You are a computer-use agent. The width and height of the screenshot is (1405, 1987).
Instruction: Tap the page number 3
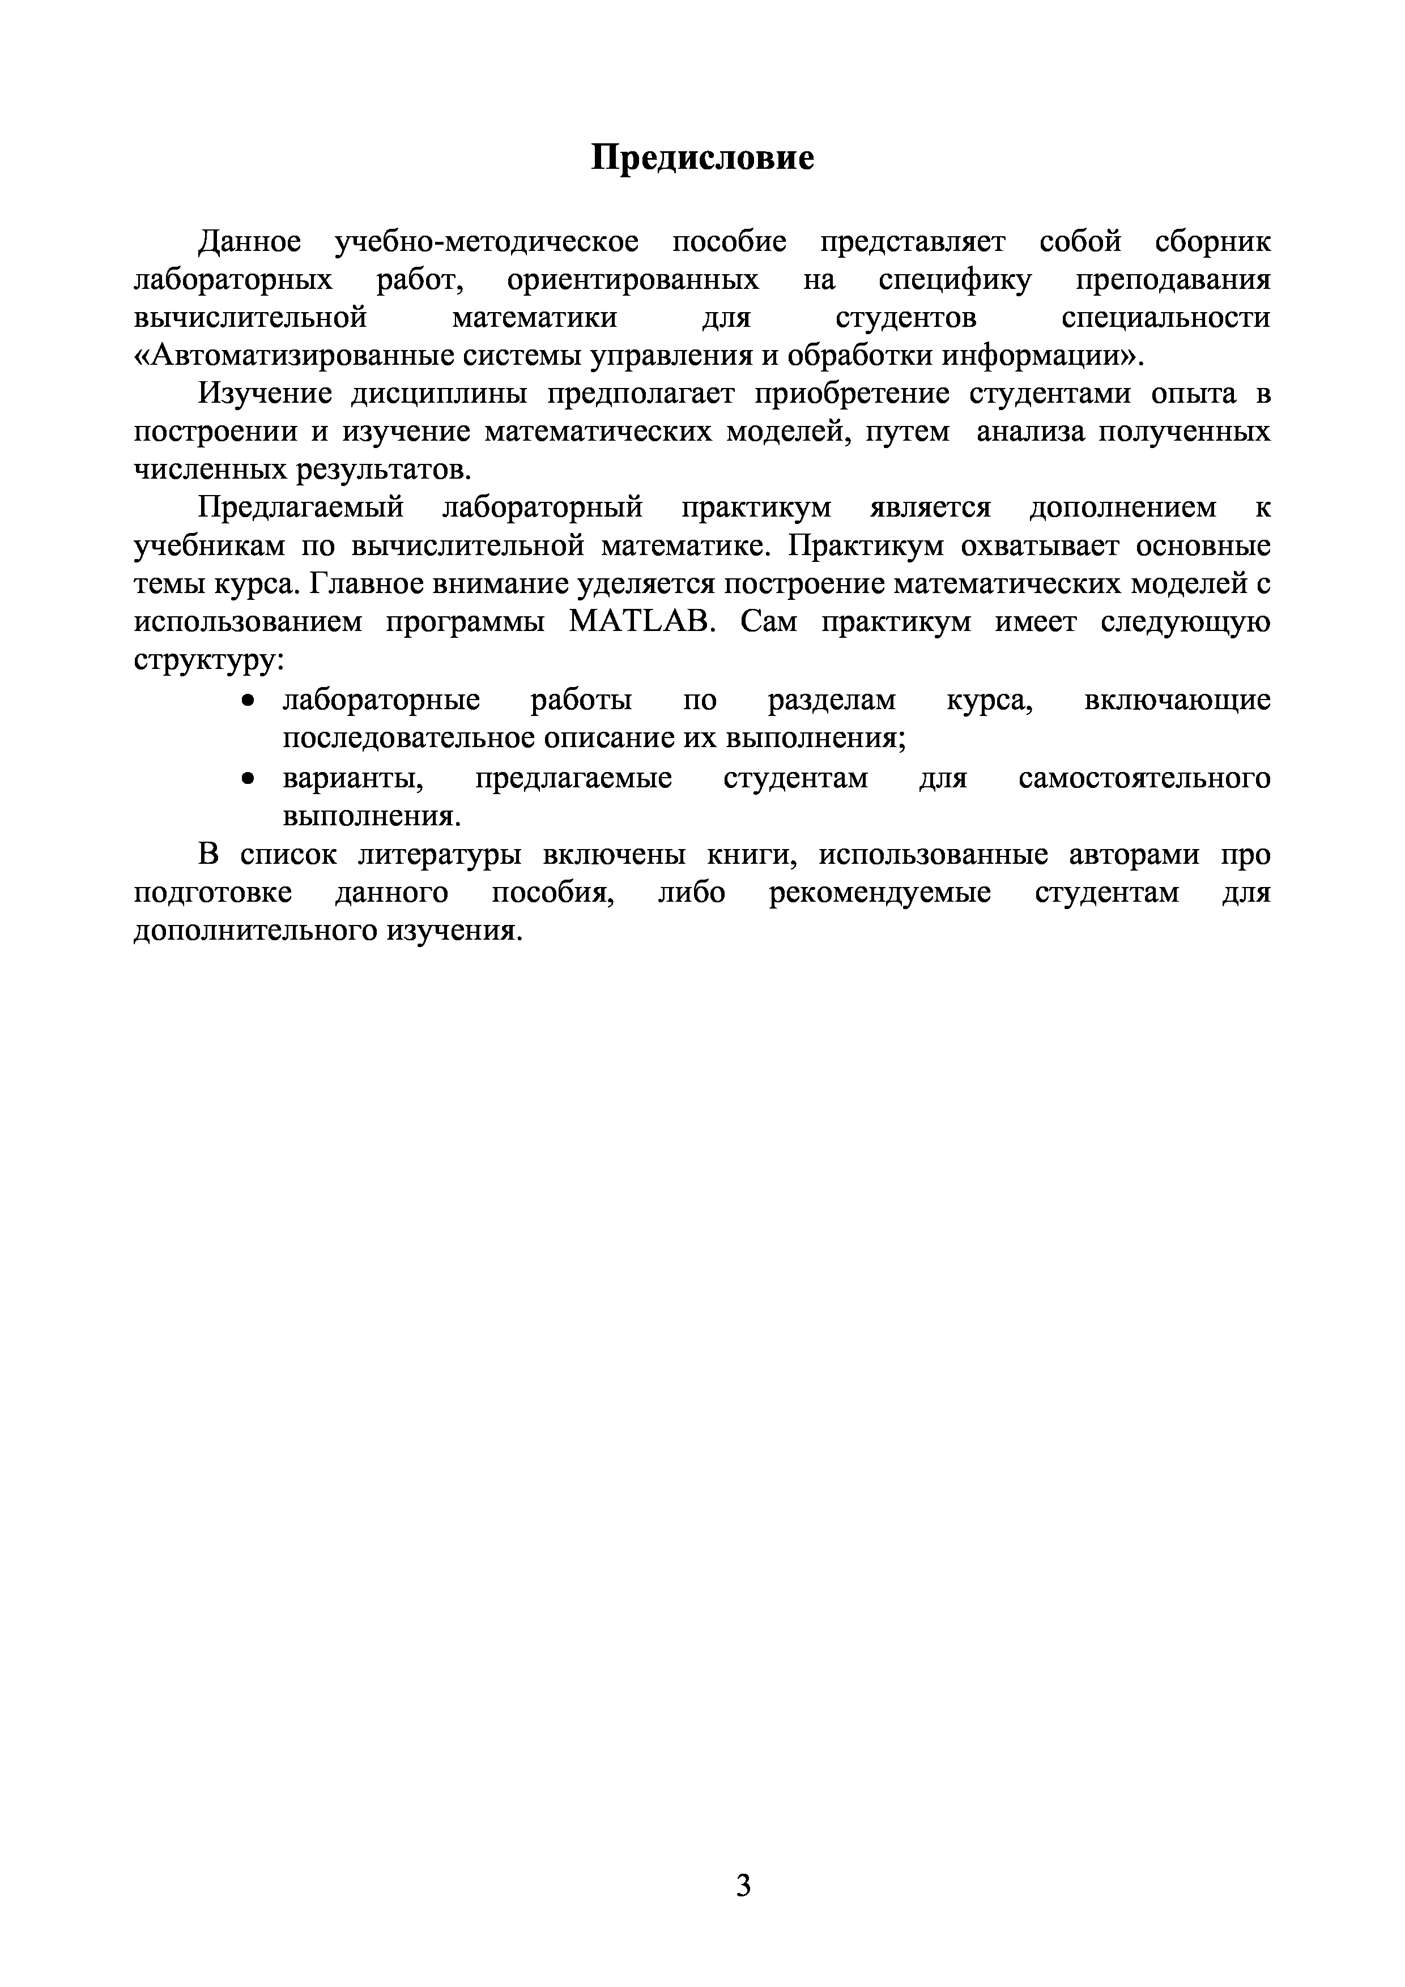743,1881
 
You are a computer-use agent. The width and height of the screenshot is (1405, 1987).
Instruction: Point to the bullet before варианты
249,779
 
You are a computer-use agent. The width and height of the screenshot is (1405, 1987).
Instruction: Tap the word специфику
955,280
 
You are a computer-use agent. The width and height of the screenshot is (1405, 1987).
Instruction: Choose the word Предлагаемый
301,507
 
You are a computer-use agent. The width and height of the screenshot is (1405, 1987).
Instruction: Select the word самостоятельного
1144,778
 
